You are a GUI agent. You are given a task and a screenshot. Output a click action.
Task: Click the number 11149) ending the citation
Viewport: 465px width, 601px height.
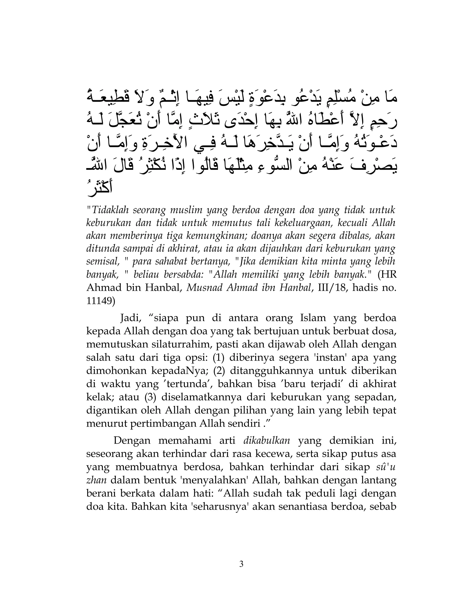pyautogui.click(x=101, y=301)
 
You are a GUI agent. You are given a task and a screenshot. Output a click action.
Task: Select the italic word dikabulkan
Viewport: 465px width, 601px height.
pyautogui.click(x=267, y=441)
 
